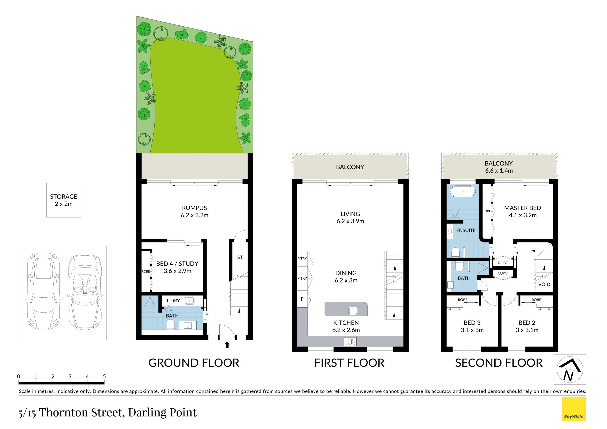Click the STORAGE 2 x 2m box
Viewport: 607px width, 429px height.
click(x=64, y=200)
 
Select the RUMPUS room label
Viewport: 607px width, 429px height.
click(x=195, y=208)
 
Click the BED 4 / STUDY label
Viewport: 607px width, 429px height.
click(x=177, y=263)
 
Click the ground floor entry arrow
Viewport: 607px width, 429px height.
click(x=227, y=345)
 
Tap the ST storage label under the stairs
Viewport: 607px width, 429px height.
click(x=240, y=257)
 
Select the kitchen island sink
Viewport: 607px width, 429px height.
click(x=353, y=311)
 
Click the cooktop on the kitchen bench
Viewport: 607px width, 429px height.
click(x=350, y=341)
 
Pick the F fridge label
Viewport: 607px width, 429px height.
click(x=302, y=299)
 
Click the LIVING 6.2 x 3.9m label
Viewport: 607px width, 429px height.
click(x=350, y=217)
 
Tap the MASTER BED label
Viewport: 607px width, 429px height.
click(x=522, y=208)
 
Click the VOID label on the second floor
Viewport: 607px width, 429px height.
click(x=544, y=284)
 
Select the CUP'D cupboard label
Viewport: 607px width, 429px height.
click(x=503, y=273)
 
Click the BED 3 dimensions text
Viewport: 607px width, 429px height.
click(x=472, y=330)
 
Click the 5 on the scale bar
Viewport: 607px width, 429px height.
click(x=104, y=376)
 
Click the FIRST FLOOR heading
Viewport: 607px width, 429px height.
click(x=349, y=363)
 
